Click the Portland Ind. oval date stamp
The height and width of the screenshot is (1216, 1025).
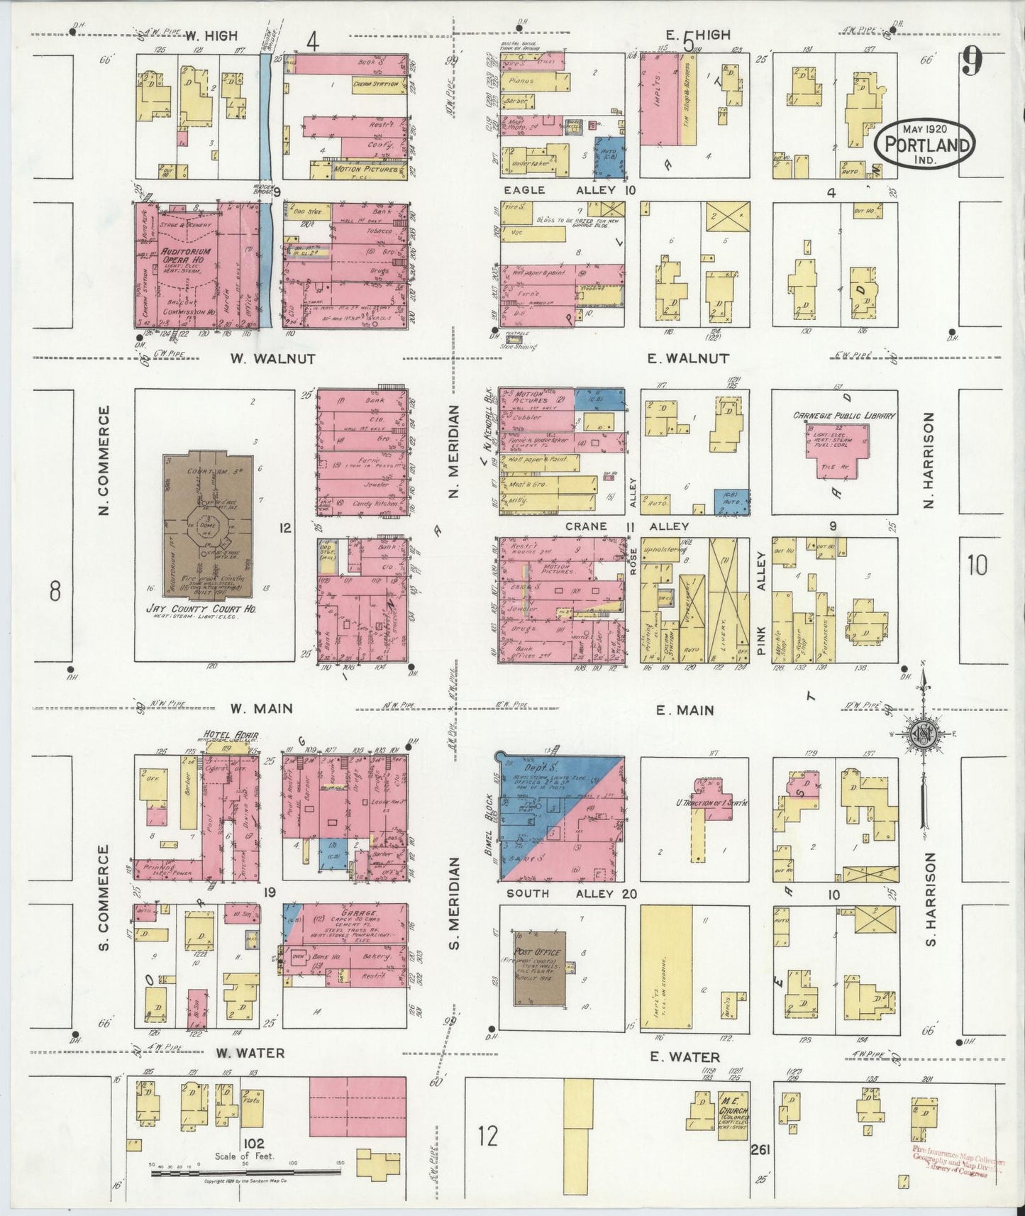pyautogui.click(x=924, y=145)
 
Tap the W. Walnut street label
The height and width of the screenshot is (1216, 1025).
pyautogui.click(x=272, y=359)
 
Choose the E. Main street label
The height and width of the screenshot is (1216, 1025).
pyautogui.click(x=685, y=709)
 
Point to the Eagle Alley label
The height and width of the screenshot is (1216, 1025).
pyautogui.click(x=560, y=190)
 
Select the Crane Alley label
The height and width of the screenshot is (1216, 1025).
pyautogui.click(x=628, y=526)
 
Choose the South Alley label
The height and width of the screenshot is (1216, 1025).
pyautogui.click(x=567, y=893)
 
